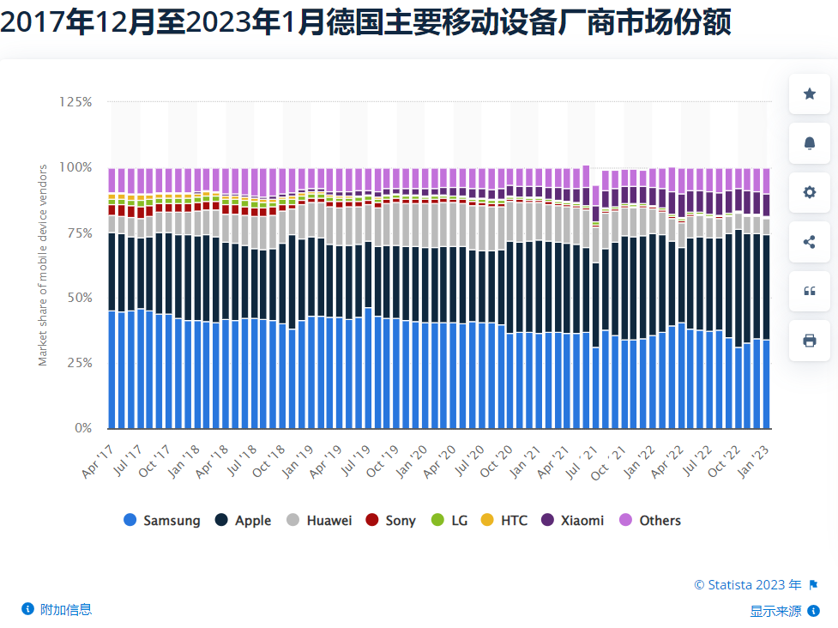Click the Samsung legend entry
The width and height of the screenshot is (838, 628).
coord(162,520)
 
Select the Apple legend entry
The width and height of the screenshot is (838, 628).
coord(244,520)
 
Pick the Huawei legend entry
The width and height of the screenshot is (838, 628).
coord(319,520)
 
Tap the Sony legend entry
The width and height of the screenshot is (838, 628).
coord(391,520)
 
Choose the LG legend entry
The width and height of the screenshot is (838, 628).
coord(449,520)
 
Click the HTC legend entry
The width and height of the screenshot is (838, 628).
coord(504,520)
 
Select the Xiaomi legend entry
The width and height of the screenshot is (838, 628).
coord(573,520)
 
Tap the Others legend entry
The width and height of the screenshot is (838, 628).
coord(650,520)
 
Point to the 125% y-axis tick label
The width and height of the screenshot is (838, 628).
coord(75,102)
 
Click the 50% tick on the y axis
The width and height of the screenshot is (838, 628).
coord(79,298)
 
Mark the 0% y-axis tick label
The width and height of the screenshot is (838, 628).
coord(82,428)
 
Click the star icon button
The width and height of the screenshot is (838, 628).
coord(809,94)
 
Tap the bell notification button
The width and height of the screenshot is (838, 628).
coord(809,143)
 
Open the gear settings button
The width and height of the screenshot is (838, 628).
coord(809,192)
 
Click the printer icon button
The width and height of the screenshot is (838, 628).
coord(809,341)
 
